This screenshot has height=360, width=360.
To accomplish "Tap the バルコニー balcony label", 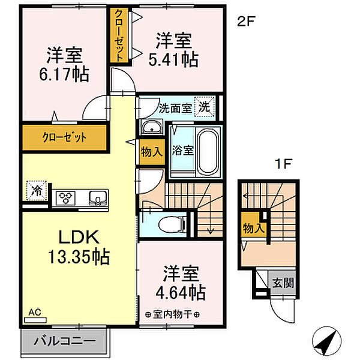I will tap(67, 340).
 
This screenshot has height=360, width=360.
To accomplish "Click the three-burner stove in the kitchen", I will tap(65, 197).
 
